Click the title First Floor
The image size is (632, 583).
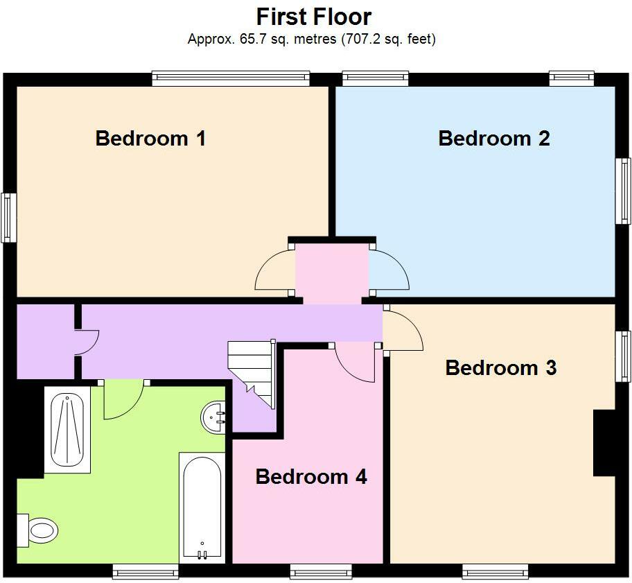click(314, 17)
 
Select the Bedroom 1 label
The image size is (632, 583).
click(150, 138)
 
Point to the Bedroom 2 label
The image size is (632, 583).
click(493, 138)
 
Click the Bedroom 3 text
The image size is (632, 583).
click(500, 367)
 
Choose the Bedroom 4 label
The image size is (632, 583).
click(310, 476)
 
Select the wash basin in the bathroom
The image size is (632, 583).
click(213, 417)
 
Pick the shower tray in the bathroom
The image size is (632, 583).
click(67, 430)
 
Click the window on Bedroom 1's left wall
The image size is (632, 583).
click(8, 217)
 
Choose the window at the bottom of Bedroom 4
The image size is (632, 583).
click(321, 571)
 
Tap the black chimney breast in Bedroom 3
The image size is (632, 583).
click(604, 443)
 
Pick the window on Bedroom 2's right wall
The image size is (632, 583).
click(624, 191)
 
